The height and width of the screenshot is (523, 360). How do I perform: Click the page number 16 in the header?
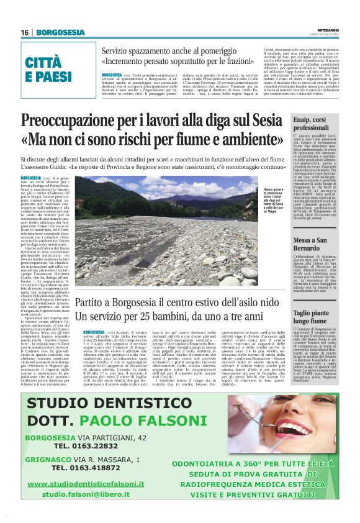25,32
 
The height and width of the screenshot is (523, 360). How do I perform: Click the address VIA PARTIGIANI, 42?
117,437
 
